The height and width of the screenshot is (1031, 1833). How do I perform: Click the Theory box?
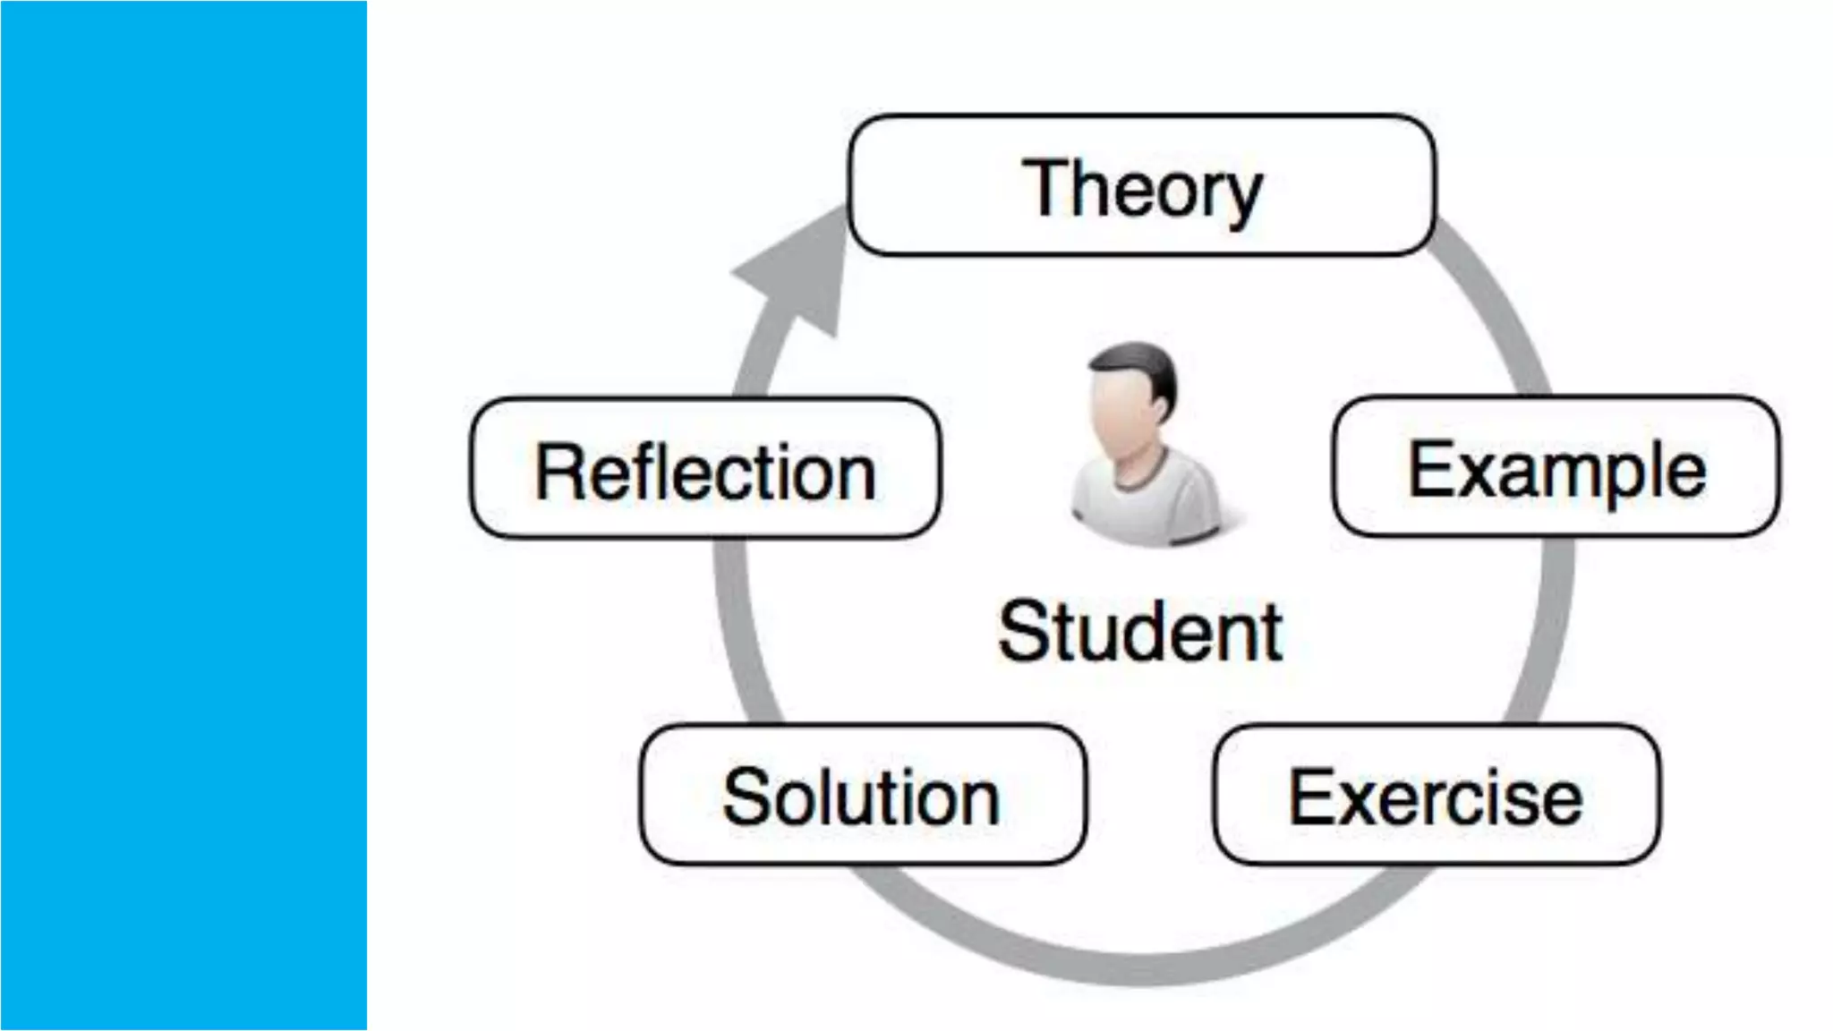(1141, 185)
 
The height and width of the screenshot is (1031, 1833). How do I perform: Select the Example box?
(1556, 466)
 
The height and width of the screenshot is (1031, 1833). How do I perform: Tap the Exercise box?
(1436, 795)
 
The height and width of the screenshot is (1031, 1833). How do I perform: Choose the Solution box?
(862, 795)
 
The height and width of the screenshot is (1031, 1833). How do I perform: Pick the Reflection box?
(704, 468)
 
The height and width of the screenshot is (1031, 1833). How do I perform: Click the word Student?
(1140, 631)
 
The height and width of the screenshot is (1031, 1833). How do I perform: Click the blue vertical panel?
(183, 515)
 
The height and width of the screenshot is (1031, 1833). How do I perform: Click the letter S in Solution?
(747, 796)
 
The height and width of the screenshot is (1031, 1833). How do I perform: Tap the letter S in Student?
(1023, 631)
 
